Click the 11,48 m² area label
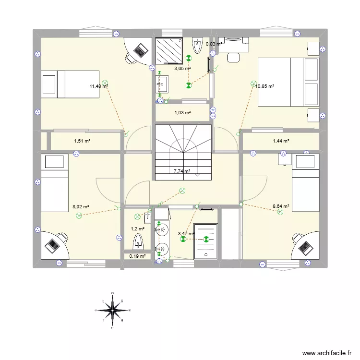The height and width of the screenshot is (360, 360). coord(98,87)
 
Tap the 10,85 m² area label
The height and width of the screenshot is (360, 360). coord(264,87)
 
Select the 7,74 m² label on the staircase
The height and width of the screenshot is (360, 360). coord(182,171)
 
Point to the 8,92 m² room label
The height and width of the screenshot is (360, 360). coord(81,207)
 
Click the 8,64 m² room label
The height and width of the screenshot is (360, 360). coord(281,206)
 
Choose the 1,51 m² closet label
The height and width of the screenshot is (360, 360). coord(82,141)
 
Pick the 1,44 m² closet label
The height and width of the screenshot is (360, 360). coord(281,141)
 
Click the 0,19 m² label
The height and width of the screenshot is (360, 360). coord(137,256)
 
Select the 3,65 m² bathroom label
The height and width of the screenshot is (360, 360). coord(182,69)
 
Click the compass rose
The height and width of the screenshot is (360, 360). coord(112,310)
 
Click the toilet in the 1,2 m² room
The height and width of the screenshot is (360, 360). coord(138,240)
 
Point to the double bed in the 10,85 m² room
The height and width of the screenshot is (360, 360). coord(288,82)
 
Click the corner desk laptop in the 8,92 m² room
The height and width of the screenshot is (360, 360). coord(52,245)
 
